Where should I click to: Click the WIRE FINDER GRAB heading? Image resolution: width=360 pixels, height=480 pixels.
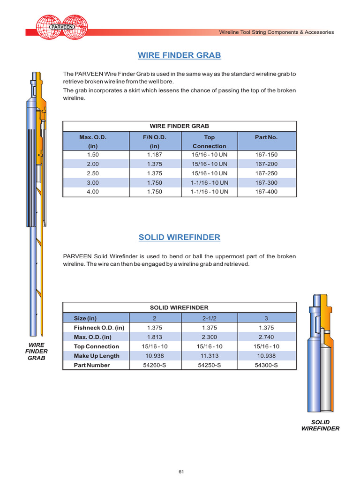point(180,56)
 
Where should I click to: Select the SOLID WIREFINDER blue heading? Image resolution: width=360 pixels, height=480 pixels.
point(180,237)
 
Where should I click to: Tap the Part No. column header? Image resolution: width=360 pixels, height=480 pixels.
point(266,137)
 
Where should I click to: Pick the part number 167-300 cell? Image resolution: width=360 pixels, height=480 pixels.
point(266,182)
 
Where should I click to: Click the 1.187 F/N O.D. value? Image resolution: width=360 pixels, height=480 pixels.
point(155,155)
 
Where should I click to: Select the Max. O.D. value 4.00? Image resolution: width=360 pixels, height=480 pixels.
point(93,192)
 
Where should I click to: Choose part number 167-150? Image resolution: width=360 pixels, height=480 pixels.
point(266,155)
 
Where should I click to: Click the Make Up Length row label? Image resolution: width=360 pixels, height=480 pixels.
point(97,356)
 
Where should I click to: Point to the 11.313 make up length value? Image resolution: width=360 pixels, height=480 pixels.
point(210,356)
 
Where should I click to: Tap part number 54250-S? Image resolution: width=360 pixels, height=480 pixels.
point(210,365)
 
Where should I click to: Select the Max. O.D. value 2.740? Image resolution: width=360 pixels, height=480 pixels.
point(266,337)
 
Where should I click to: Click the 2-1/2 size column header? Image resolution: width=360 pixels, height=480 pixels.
point(210,318)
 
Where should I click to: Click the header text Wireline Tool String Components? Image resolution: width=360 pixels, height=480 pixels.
point(277,32)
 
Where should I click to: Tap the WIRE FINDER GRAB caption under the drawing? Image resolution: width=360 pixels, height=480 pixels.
point(37,351)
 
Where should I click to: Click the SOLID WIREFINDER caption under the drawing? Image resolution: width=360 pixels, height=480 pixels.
point(320,425)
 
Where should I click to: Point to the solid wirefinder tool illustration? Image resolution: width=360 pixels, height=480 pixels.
point(321,352)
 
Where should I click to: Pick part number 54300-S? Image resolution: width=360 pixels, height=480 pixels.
point(266,365)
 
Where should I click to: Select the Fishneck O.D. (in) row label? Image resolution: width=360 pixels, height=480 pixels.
point(99,328)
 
